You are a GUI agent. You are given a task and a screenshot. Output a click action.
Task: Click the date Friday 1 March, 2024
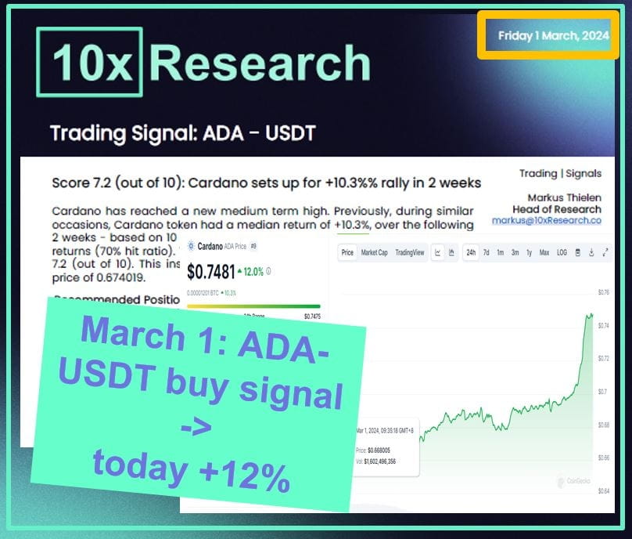554,36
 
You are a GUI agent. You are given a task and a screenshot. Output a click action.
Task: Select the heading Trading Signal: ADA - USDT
182,132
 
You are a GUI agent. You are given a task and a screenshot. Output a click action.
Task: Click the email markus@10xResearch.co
546,221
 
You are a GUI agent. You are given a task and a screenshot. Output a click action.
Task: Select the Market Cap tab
375,252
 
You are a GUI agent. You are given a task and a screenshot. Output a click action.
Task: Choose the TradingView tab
409,252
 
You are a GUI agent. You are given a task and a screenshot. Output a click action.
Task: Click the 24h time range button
472,252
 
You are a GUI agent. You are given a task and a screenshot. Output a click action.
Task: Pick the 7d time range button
487,252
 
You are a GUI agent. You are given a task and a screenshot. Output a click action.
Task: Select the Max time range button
544,252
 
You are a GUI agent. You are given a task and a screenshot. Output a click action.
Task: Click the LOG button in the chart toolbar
562,252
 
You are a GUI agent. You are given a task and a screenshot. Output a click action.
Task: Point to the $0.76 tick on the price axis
602,292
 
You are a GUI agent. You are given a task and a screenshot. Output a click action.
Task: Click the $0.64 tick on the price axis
602,490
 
